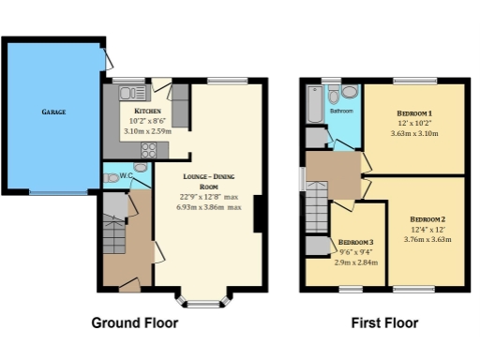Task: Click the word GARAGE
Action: [x=52, y=111]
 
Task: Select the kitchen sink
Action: [x=129, y=92]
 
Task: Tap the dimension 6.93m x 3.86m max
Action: [x=215, y=206]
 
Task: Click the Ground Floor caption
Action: [x=134, y=323]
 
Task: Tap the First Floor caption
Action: [x=383, y=323]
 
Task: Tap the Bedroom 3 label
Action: [x=355, y=241]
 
